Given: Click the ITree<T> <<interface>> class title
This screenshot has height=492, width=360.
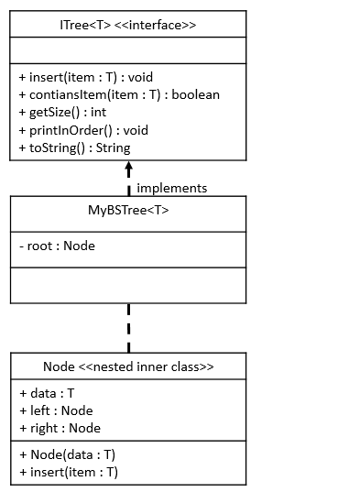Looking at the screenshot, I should coord(127,25).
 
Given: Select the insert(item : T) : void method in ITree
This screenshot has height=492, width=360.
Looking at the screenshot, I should coord(85,77).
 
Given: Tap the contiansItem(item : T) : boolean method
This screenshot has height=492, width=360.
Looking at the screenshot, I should coord(118,94).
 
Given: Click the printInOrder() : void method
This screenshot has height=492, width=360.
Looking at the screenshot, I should coord(83,130).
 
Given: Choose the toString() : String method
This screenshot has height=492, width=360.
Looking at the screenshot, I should coord(74,148).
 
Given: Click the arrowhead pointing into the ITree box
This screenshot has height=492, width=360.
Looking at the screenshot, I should coord(128,169).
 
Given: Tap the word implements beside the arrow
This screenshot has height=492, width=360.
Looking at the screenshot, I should coord(171,188).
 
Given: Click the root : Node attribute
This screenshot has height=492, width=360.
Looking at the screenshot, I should coord(57,246).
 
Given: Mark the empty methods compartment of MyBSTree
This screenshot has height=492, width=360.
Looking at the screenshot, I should coord(127,284).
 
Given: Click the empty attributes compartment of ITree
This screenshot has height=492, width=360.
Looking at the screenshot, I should coord(127,51).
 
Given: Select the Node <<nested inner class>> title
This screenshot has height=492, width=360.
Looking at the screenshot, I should coord(127,366).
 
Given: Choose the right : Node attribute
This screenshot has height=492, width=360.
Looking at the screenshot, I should coord(60,428).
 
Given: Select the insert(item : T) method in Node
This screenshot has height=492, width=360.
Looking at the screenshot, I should coord(68,472).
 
